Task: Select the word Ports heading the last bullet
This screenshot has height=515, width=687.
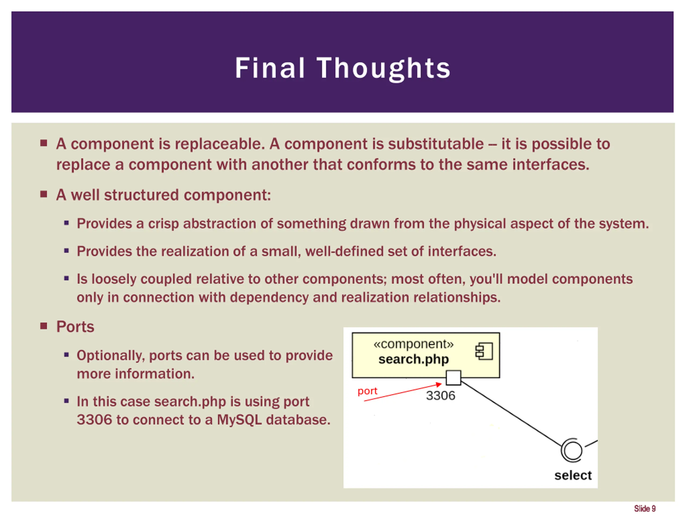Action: click(x=75, y=327)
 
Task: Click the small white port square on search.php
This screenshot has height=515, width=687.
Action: click(x=454, y=377)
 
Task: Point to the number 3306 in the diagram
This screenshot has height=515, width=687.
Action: click(x=440, y=396)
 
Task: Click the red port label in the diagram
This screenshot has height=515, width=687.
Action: click(x=367, y=391)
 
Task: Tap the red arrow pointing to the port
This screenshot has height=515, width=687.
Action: click(x=404, y=392)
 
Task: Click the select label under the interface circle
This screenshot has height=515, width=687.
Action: click(x=573, y=475)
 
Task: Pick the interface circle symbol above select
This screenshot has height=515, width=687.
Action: click(x=572, y=450)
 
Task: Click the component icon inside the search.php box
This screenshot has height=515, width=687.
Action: click(x=484, y=351)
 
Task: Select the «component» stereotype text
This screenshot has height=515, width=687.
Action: click(x=413, y=344)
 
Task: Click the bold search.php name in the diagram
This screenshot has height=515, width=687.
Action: click(x=413, y=359)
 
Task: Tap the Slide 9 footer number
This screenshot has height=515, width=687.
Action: click(x=645, y=509)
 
